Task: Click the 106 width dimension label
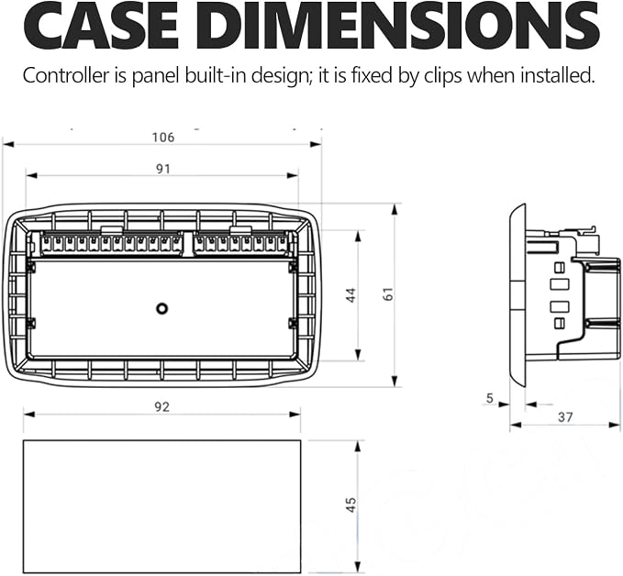click(x=163, y=138)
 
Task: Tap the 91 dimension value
click(x=163, y=170)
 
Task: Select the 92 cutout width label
click(x=162, y=407)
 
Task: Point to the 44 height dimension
click(x=351, y=295)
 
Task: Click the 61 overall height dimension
click(x=388, y=294)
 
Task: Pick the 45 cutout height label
click(x=351, y=504)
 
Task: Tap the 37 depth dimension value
click(x=565, y=417)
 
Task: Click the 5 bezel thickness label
click(x=490, y=398)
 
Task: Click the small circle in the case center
click(x=161, y=309)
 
